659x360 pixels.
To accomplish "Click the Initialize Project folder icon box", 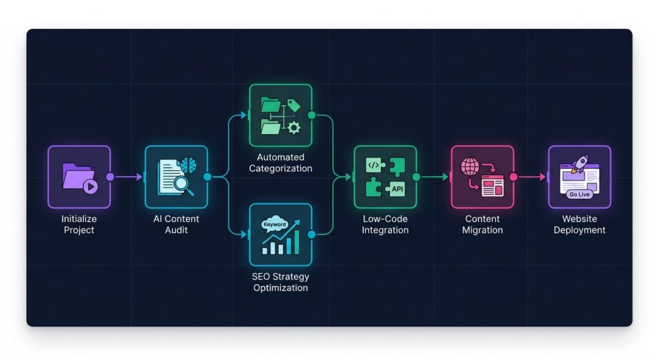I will click(x=79, y=177).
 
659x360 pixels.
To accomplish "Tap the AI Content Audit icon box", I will click(x=176, y=177).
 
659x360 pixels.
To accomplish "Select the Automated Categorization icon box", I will click(x=281, y=115).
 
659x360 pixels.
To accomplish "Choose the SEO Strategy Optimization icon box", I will click(x=281, y=235).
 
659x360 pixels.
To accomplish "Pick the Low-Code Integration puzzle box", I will click(x=385, y=177).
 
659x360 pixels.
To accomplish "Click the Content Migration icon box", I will click(x=482, y=177).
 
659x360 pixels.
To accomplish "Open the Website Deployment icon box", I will click(x=579, y=177).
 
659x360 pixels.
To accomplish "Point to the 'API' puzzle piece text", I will click(x=397, y=189).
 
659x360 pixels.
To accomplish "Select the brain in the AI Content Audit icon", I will click(x=188, y=166).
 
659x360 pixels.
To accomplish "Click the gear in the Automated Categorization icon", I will click(x=294, y=128).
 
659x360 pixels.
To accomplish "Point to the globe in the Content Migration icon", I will click(x=470, y=167).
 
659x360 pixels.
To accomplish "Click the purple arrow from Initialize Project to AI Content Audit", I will click(x=127, y=176).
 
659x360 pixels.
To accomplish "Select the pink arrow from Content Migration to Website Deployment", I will click(x=532, y=176).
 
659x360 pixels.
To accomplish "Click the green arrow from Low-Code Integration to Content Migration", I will click(x=434, y=176).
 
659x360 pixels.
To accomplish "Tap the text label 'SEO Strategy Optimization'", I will click(x=281, y=282).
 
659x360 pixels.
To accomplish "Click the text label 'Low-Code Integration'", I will click(x=385, y=224).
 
